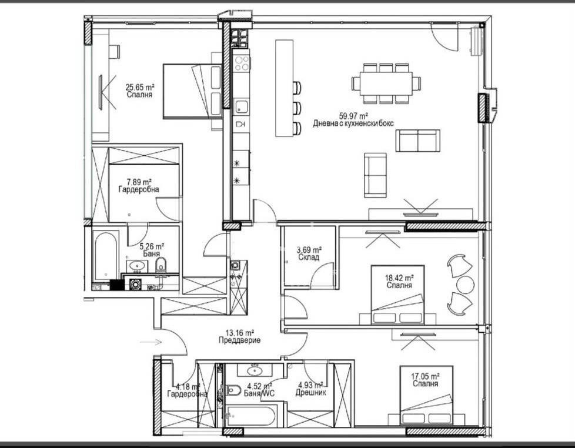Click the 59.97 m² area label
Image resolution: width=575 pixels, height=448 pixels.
click(353, 116)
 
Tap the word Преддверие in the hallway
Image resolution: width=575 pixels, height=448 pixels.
click(239, 340)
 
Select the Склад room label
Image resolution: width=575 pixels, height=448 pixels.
click(309, 258)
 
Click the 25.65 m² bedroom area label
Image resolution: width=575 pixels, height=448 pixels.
click(140, 87)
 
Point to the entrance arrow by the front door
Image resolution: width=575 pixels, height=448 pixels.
click(151, 342)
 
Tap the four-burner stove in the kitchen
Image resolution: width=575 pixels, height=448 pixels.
click(242, 63)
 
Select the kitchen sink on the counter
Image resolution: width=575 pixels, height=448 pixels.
click(241, 106)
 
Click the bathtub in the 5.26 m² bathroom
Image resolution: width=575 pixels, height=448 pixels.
click(106, 256)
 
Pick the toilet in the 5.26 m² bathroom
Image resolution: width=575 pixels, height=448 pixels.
click(161, 265)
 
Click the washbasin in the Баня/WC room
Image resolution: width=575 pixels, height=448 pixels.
click(254, 370)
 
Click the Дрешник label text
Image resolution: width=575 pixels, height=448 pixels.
click(310, 393)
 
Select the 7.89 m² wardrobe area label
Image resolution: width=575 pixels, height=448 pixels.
click(139, 182)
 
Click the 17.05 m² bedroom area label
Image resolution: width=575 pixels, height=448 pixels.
click(426, 376)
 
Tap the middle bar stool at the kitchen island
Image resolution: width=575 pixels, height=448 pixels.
click(297, 108)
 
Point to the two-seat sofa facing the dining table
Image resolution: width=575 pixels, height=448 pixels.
click(417, 141)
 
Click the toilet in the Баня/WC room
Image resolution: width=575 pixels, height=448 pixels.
click(234, 390)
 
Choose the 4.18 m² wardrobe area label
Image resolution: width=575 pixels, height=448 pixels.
click(188, 386)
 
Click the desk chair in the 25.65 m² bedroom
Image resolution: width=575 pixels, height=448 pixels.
click(115, 51)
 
